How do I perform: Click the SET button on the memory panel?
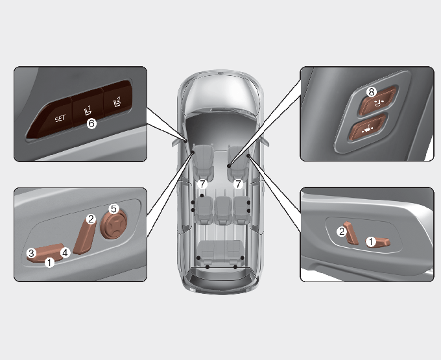tap(53, 118)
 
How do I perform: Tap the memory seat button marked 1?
tap(88, 108)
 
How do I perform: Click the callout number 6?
tap(91, 123)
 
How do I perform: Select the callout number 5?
tap(113, 209)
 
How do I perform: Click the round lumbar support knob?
tap(113, 225)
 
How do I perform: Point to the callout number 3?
tap(32, 253)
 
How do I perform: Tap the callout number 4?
tap(66, 252)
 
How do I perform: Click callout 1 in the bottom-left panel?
tap(49, 263)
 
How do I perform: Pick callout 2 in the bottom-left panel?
tap(91, 219)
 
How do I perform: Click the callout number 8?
tap(372, 91)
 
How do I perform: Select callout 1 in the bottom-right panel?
tap(371, 241)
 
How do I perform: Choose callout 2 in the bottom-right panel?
tap(342, 232)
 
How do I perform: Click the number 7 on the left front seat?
tap(202, 184)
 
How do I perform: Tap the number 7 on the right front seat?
tap(238, 184)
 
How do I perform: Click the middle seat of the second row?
tap(222, 210)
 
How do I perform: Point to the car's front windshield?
tap(220, 94)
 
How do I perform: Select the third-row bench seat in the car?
tap(220, 253)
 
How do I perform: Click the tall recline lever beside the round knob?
tap(84, 236)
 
